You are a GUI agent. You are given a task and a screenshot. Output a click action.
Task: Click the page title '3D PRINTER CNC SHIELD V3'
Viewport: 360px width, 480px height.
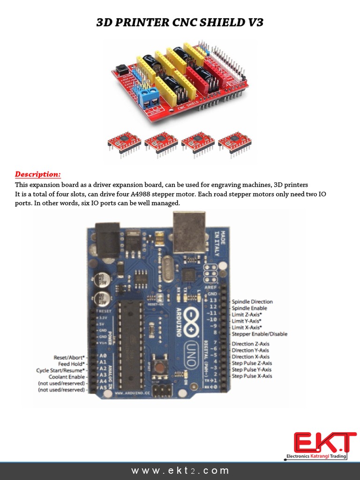tap(180, 22)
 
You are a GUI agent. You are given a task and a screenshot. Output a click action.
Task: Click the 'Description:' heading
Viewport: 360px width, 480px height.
tap(38, 174)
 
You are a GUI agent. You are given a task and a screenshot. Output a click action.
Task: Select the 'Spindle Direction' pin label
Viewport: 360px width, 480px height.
tap(252, 302)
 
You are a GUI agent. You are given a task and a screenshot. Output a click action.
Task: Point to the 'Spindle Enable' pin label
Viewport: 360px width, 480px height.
tap(249, 308)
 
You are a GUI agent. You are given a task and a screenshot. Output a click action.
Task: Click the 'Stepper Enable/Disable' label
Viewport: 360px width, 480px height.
tap(260, 334)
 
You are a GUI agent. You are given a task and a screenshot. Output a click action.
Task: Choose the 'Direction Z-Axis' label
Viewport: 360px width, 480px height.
tap(250, 344)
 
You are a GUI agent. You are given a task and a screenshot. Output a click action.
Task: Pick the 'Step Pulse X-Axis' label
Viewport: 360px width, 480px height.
tap(252, 376)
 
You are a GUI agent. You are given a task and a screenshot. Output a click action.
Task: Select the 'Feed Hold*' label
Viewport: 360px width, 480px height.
tap(71, 364)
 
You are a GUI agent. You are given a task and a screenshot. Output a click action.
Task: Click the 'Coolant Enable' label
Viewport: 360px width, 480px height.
tap(67, 376)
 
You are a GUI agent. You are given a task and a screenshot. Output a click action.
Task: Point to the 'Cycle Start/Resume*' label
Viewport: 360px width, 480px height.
tap(61, 370)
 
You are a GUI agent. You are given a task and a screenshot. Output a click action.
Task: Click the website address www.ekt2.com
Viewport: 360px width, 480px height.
tap(180, 470)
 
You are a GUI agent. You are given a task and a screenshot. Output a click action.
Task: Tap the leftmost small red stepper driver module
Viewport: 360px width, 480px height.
tap(124, 142)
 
